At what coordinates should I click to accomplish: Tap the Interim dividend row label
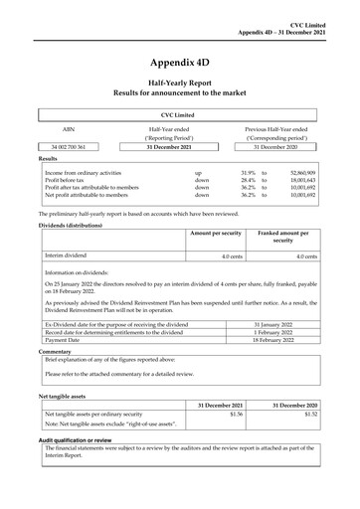point(68,255)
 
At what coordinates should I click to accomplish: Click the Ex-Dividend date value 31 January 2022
point(283,324)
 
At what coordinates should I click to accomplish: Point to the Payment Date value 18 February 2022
point(283,339)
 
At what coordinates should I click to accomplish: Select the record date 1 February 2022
point(283,332)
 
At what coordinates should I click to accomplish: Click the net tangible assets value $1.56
point(236,414)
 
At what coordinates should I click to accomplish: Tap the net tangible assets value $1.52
point(309,414)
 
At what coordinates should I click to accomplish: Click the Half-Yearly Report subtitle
point(179,86)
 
